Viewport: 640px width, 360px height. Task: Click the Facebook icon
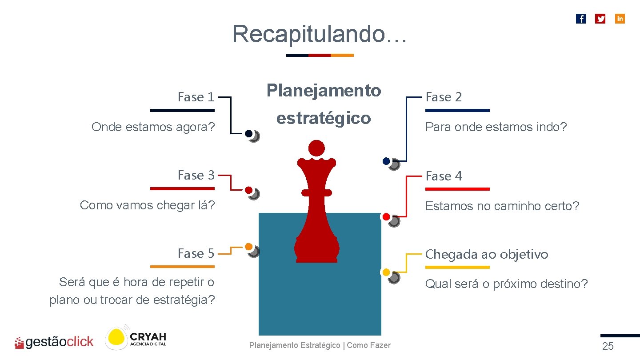tap(581, 19)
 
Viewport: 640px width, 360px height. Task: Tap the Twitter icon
tap(600, 19)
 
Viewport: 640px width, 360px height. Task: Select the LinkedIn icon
tap(620, 19)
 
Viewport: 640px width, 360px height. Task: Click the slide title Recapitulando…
tap(319, 34)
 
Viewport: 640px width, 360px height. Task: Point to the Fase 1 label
tap(196, 97)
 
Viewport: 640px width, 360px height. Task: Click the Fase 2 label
tap(444, 97)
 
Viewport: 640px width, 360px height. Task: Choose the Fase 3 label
tap(196, 176)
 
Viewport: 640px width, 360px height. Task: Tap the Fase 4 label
tap(444, 176)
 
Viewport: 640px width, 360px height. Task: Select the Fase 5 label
tap(196, 253)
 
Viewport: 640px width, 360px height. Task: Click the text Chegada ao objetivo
tap(487, 254)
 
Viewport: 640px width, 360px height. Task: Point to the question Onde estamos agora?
tap(153, 127)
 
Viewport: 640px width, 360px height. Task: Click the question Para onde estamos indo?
tap(496, 127)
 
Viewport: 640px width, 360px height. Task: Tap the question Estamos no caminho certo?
tap(502, 206)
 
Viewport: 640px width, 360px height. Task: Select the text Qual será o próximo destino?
tap(506, 284)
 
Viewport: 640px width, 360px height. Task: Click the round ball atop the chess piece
tap(316, 148)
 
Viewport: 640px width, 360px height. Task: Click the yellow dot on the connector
tap(386, 272)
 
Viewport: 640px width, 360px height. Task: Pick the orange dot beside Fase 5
tap(248, 247)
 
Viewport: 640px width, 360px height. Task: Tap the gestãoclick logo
tap(54, 342)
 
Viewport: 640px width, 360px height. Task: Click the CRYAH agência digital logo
tap(136, 339)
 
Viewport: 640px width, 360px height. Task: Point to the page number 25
tap(608, 347)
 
